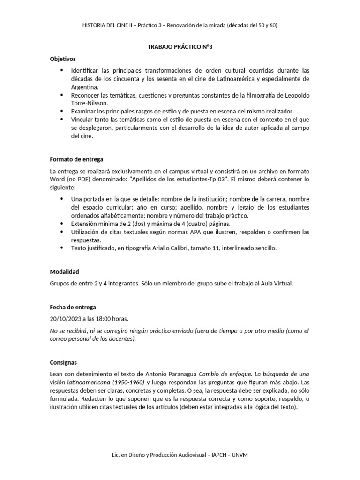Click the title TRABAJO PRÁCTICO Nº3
(180, 47)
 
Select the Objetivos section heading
(63, 59)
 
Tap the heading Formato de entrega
(76, 159)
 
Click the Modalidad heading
(64, 272)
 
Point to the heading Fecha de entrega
(73, 307)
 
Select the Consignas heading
(64, 362)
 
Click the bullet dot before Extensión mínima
(62, 224)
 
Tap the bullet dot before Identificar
(62, 70)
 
